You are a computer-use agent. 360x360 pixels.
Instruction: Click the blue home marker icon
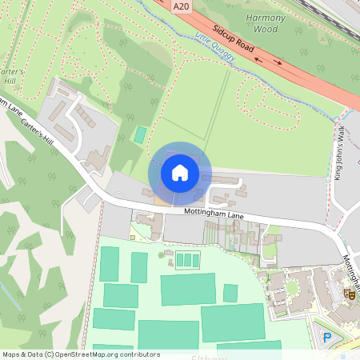[x=180, y=173]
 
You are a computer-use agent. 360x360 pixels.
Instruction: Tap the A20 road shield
[x=182, y=5]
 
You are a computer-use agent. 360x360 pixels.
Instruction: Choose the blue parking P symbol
[x=326, y=336]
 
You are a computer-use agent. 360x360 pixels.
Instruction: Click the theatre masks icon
[x=349, y=294]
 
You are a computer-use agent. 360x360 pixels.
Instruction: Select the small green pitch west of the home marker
[x=140, y=135]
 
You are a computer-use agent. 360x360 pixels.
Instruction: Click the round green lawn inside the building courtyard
[x=291, y=286]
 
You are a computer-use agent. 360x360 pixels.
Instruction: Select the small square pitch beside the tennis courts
[x=230, y=293]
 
